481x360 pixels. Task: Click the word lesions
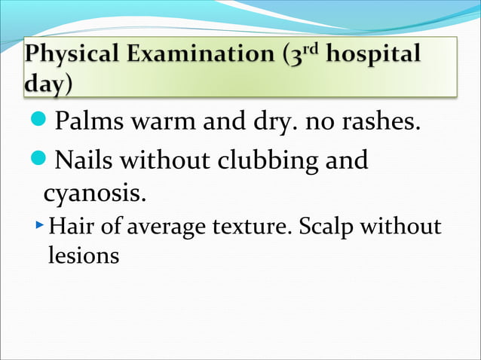pos(83,255)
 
